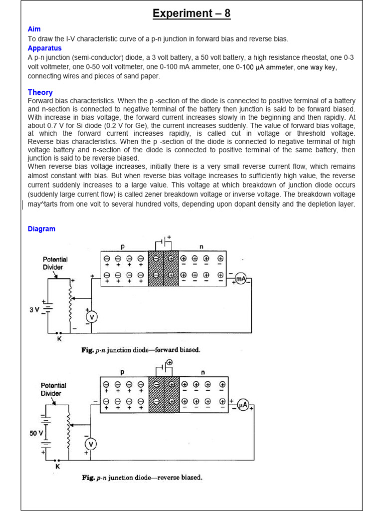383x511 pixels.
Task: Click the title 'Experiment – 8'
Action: (191, 13)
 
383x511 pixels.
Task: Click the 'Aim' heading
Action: (34, 29)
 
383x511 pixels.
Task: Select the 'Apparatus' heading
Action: (44, 48)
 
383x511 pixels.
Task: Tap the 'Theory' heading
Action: (40, 92)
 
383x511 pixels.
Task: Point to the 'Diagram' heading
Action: (41, 229)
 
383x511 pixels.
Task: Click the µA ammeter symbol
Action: (242, 405)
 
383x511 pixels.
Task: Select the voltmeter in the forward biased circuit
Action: (91, 316)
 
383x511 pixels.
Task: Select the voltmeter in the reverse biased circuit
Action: (90, 444)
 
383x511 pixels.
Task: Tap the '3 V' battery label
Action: (34, 309)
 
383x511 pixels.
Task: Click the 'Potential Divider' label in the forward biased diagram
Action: (55, 263)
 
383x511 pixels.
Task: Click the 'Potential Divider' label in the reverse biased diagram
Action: (53, 389)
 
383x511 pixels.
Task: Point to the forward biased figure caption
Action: (141, 350)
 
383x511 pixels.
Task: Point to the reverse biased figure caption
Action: (142, 478)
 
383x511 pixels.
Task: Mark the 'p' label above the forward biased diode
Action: (123, 247)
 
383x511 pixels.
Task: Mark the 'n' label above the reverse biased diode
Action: (202, 372)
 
